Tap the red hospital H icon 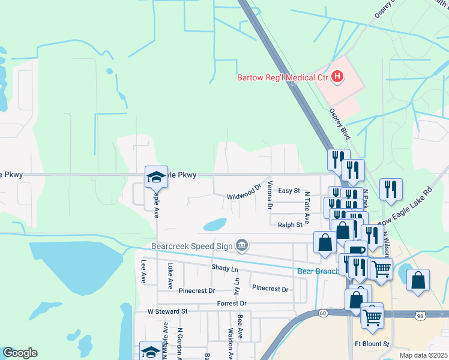click(x=337, y=77)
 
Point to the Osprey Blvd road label click(x=339, y=124)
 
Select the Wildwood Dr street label click(x=244, y=192)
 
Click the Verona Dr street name click(x=270, y=195)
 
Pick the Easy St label click(x=289, y=191)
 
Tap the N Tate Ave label click(x=306, y=208)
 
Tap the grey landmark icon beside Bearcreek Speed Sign click(x=241, y=244)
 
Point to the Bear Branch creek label click(x=319, y=271)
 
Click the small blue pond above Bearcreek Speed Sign click(x=215, y=225)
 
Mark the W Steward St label click(x=168, y=312)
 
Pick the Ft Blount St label click(x=372, y=344)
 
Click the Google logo click(x=20, y=353)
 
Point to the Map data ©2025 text click(x=423, y=355)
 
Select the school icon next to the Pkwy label click(x=156, y=176)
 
